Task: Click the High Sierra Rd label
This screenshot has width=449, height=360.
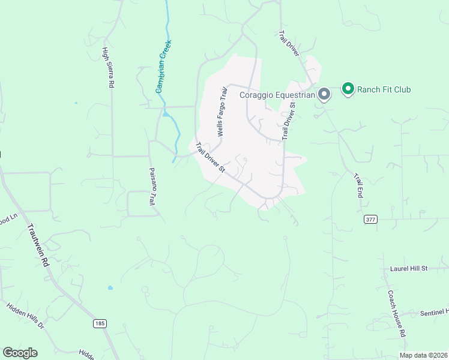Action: [108, 68]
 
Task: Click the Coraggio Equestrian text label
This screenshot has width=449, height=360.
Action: [277, 94]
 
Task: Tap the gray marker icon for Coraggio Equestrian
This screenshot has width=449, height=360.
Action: [324, 94]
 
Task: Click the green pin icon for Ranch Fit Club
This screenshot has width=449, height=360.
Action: [348, 89]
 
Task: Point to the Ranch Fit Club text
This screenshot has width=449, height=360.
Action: [384, 90]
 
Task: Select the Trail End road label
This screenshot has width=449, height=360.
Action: [359, 187]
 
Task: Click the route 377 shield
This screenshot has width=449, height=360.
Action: [370, 220]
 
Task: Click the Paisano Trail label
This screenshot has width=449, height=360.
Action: [152, 188]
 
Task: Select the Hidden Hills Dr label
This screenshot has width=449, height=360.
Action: [25, 316]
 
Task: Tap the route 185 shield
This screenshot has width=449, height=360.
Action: [100, 323]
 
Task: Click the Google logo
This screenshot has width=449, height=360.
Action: [20, 353]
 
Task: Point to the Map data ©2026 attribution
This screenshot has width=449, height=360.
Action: [423, 355]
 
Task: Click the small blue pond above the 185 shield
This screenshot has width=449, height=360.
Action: [110, 288]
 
